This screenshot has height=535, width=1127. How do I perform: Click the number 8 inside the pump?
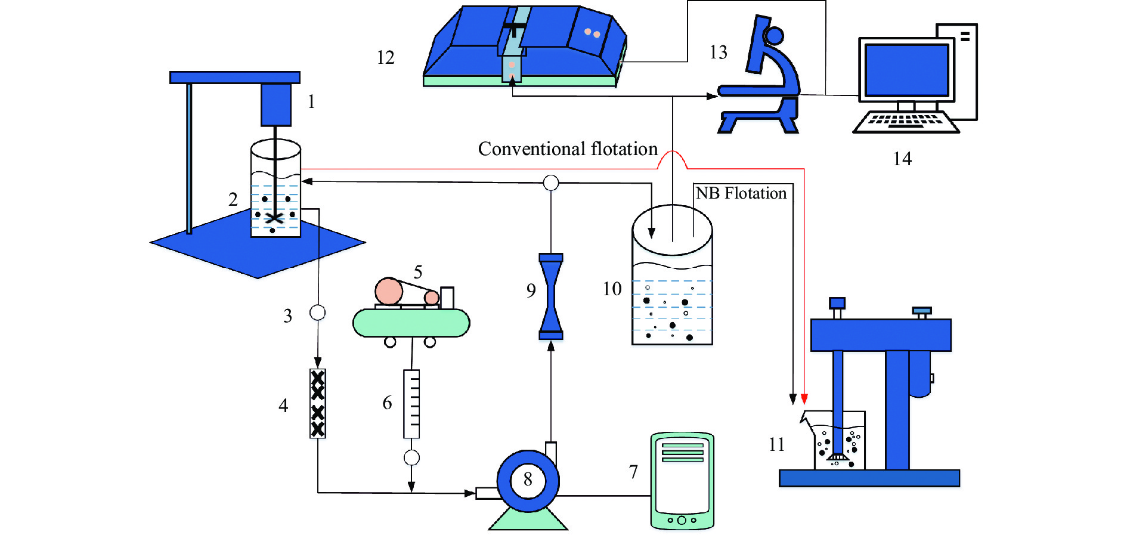528,479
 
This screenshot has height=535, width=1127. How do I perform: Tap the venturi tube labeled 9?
551,296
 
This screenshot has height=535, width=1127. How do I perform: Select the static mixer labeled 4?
318,404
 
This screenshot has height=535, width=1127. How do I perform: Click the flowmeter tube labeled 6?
411,404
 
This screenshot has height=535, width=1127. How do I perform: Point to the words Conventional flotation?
568,149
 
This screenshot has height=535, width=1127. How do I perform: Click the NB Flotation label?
741,193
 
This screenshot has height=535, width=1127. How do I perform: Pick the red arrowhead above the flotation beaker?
804,399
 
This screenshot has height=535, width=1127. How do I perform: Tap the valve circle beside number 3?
318,313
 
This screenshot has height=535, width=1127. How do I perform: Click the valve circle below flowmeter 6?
411,457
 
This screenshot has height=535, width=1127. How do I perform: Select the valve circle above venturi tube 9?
551,183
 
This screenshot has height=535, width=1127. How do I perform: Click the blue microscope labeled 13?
763,78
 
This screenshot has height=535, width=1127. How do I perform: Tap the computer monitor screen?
906,69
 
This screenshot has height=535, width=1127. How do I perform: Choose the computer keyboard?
905,122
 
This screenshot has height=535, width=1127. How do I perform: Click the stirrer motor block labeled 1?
275,104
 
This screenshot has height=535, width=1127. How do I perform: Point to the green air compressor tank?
411,323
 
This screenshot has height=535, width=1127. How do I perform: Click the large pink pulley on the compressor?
389,292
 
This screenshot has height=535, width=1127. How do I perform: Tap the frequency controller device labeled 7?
682,481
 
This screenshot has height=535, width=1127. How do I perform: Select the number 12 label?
386,58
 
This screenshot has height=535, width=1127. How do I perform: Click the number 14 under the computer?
902,159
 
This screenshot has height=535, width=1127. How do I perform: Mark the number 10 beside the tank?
612,289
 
